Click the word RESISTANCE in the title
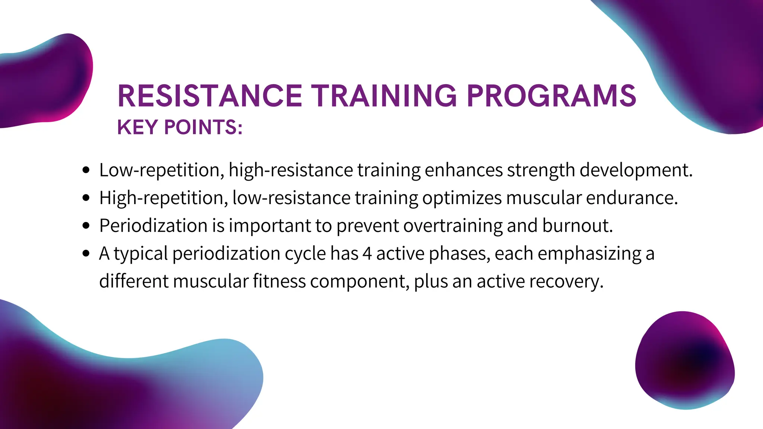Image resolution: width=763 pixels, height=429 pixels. [x=210, y=96]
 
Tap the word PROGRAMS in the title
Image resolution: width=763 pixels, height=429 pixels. [x=551, y=96]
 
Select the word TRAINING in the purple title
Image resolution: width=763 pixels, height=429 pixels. [x=384, y=96]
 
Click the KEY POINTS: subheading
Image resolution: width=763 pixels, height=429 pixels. [x=180, y=127]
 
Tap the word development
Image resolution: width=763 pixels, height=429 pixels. [x=636, y=170]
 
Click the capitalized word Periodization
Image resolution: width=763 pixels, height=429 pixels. [x=153, y=226]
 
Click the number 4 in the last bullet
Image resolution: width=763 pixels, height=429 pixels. [x=367, y=254]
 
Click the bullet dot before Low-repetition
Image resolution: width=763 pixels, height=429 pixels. [x=86, y=170]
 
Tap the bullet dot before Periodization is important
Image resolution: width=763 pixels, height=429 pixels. [x=86, y=226]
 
